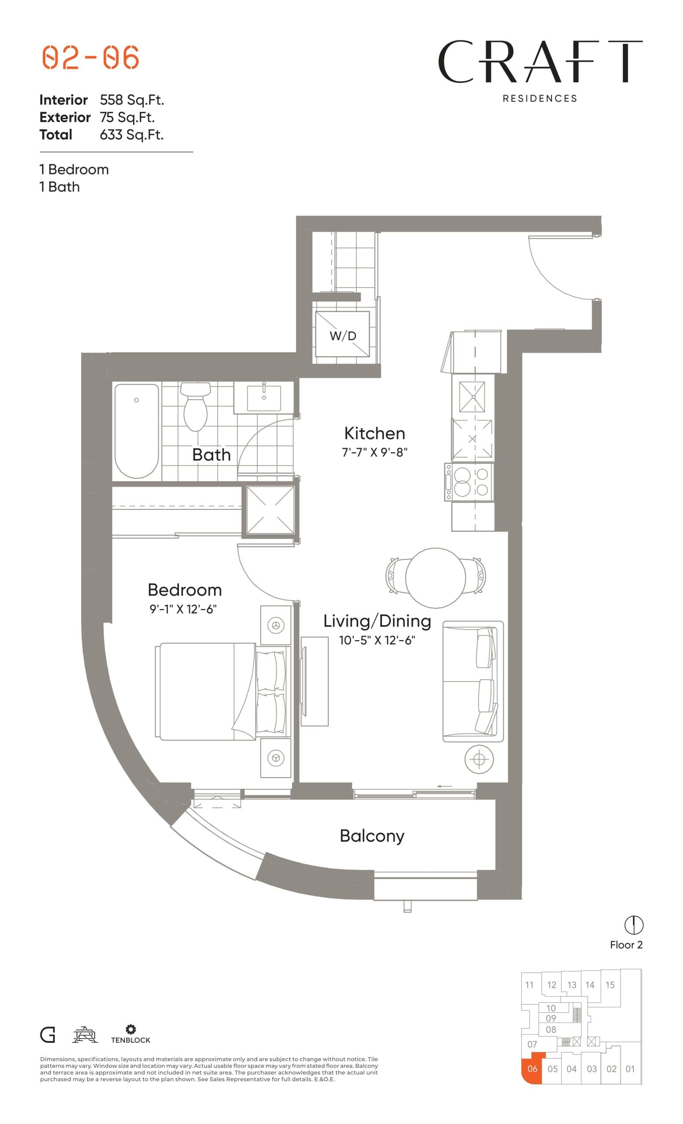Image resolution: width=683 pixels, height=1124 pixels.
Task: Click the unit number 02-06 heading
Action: click(x=91, y=58)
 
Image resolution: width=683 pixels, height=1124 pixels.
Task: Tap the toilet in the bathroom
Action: click(x=195, y=407)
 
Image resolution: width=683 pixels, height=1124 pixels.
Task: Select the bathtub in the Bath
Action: click(x=137, y=431)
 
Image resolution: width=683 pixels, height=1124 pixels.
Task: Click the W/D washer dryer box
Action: click(x=342, y=336)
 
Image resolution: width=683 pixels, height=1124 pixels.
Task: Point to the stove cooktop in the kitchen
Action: click(x=469, y=483)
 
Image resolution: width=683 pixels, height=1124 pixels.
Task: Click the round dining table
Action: click(x=435, y=577)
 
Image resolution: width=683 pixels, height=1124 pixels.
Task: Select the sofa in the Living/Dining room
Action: click(x=472, y=681)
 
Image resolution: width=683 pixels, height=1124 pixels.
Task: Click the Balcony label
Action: click(x=372, y=836)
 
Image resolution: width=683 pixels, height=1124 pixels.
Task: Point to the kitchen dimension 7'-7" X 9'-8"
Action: click(x=374, y=452)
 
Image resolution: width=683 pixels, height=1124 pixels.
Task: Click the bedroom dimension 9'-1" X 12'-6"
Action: click(x=183, y=609)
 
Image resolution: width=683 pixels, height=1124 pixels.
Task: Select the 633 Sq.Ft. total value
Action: click(x=131, y=135)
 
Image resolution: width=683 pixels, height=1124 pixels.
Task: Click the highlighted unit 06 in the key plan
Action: click(x=532, y=1069)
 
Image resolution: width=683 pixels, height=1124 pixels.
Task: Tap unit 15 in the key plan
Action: click(x=610, y=985)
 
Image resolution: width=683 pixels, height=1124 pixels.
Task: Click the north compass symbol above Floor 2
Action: click(x=634, y=925)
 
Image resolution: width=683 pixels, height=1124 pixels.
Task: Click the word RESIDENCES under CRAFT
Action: click(x=540, y=98)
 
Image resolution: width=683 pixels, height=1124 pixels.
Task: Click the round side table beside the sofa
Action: click(x=479, y=759)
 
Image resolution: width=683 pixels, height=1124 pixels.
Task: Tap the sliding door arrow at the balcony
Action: click(x=444, y=786)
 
